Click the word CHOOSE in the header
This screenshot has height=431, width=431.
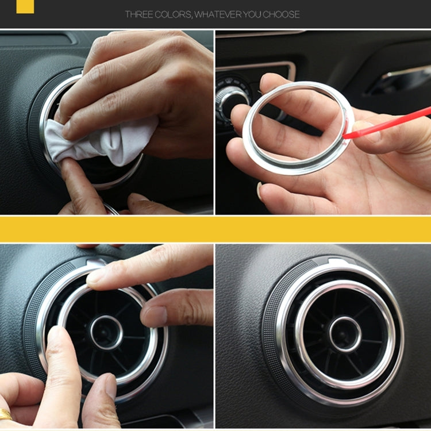coord(281,14)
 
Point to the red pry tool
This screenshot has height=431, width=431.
coord(391,122)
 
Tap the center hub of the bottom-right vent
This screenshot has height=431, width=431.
coord(345,334)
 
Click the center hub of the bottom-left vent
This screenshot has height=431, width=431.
coord(106,332)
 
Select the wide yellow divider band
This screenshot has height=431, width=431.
coord(215,229)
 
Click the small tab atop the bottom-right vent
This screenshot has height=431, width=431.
coord(338,262)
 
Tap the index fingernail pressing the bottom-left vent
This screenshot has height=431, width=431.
coord(96,276)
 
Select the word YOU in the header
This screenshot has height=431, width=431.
coord(253,14)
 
